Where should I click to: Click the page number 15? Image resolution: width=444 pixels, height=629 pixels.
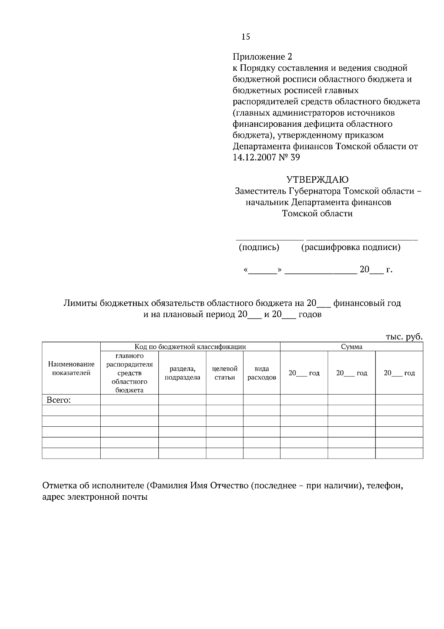coord(246,37)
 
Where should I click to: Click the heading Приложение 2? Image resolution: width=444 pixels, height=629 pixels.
coord(262,57)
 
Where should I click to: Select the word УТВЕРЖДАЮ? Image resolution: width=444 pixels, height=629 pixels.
coord(317,180)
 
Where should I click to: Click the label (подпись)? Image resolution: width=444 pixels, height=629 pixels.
coord(259,247)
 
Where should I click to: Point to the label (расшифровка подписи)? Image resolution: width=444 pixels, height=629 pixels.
coord(351,247)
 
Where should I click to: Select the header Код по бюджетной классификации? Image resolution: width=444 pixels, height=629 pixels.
coord(190,347)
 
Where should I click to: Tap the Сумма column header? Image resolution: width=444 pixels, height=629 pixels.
coord(351,347)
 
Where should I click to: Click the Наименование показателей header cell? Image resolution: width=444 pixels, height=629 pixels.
coord(71,369)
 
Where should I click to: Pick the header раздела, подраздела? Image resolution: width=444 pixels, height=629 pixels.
coord(182,373)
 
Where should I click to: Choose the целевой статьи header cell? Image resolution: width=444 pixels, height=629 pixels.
coord(225,373)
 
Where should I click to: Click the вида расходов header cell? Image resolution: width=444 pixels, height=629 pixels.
coord(262,373)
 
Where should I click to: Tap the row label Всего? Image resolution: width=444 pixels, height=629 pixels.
coord(58,400)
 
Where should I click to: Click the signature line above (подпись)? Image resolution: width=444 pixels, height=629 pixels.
coord(270,240)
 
